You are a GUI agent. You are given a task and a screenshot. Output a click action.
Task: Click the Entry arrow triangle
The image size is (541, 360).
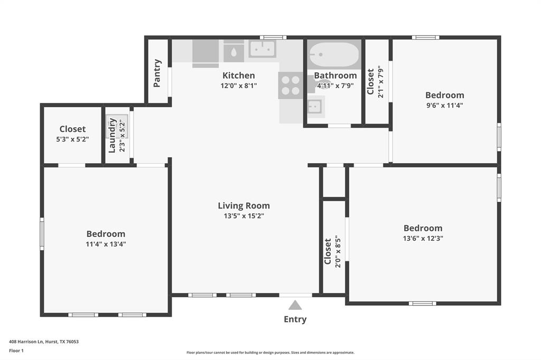click(295, 305)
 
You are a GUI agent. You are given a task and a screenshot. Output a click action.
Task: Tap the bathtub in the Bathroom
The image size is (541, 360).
click(334, 54)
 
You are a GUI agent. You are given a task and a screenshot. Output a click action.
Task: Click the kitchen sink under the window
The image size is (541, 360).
click(262, 49)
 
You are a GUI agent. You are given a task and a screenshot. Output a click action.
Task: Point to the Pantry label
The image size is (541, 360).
click(157, 73)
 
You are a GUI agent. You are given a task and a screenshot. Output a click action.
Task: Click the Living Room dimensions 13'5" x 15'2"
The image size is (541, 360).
click(244, 215)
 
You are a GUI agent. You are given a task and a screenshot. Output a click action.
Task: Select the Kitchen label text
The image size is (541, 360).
click(238, 75)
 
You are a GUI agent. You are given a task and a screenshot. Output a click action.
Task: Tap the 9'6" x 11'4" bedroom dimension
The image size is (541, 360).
click(444, 105)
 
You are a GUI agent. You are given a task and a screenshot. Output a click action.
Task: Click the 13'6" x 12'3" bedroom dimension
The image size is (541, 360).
click(423, 238)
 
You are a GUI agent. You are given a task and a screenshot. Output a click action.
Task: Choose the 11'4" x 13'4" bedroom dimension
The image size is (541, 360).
click(106, 244)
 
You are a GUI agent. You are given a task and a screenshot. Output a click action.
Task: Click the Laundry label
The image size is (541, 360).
click(113, 135)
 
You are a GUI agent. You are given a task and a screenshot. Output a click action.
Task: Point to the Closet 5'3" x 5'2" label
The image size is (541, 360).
click(72, 129)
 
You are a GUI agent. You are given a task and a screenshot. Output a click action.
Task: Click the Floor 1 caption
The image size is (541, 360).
click(16, 350)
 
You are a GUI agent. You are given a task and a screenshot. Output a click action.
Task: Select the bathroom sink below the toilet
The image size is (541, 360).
click(316, 107)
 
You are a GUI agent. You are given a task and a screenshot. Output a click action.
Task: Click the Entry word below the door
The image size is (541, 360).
click(295, 319)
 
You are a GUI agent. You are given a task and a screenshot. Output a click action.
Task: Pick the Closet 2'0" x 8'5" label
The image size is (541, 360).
click(328, 251)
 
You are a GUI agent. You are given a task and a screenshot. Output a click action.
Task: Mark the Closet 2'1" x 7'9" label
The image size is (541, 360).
click(371, 81)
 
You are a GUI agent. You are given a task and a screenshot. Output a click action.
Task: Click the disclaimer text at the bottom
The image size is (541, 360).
click(270, 353)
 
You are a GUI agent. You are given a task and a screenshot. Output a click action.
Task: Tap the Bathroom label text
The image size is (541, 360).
click(335, 75)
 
